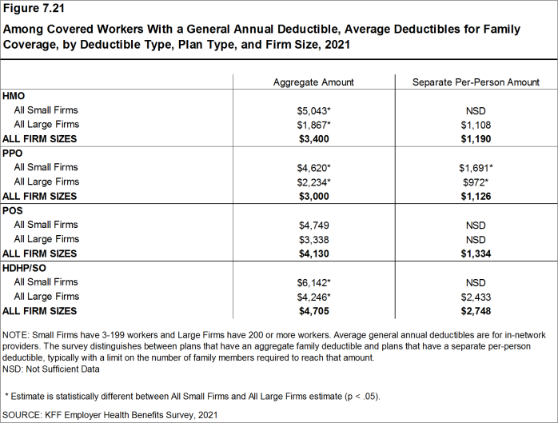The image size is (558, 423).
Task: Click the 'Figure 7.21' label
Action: [36, 10]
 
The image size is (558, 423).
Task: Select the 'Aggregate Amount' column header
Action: [313, 82]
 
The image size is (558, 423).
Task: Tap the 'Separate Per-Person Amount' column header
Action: [476, 82]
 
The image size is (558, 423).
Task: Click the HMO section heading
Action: [14, 96]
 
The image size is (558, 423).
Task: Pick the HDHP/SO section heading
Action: [25, 268]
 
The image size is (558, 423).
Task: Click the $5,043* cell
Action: [313, 110]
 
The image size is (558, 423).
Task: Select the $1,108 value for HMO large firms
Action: [476, 125]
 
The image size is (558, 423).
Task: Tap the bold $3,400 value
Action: [313, 139]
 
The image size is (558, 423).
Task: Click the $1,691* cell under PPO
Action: [476, 168]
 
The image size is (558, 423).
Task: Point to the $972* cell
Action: [476, 182]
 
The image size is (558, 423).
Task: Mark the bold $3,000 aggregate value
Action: [313, 197]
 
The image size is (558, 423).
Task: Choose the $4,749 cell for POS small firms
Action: [313, 225]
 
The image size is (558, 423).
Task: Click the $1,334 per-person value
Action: [476, 254]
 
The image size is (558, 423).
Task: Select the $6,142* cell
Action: [313, 282]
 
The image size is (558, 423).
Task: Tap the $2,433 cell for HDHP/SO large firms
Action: [476, 297]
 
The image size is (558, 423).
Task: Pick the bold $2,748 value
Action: [476, 311]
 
